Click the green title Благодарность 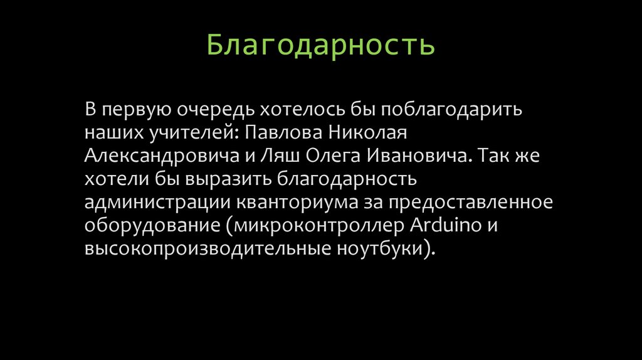321,46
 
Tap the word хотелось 325,109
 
